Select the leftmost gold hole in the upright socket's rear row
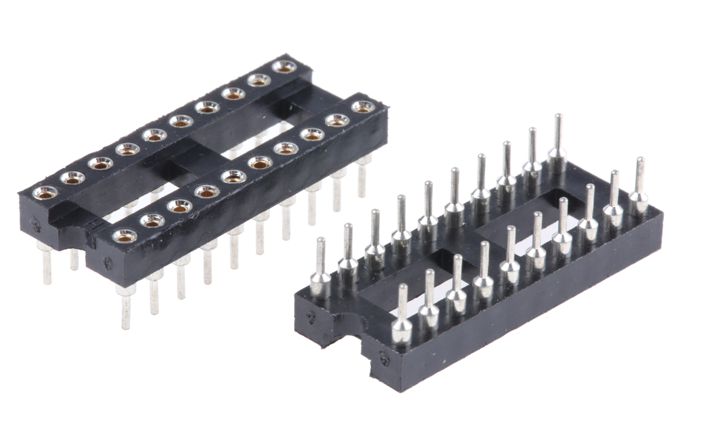click(x=45, y=192)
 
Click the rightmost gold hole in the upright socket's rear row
click(x=285, y=66)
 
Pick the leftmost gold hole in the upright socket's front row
click(x=125, y=236)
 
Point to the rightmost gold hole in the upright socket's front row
click(x=363, y=107)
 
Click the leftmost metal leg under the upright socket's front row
click(x=125, y=306)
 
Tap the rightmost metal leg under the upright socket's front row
click(x=362, y=177)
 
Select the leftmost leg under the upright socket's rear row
click(x=46, y=265)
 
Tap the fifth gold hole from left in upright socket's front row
click(x=234, y=176)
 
